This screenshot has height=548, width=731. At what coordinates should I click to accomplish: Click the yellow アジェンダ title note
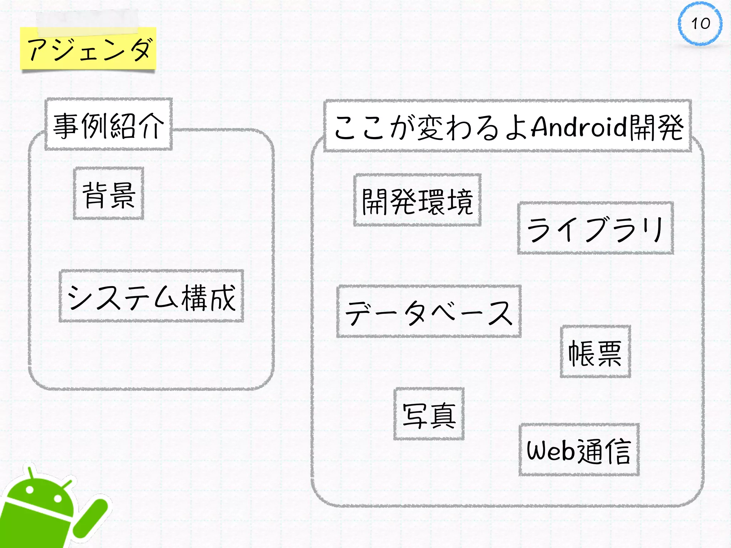point(88,49)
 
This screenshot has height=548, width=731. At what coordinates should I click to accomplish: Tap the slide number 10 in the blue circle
point(700,24)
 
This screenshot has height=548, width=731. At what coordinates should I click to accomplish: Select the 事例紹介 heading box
point(109,125)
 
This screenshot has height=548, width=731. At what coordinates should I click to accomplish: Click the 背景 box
point(109,194)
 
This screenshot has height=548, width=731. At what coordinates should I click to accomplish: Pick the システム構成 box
point(151,296)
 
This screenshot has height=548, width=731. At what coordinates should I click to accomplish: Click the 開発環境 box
point(417,201)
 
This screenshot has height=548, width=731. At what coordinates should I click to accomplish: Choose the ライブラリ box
point(595,228)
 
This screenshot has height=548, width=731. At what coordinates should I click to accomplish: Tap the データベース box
point(429,312)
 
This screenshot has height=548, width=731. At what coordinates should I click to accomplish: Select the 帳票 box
point(595,352)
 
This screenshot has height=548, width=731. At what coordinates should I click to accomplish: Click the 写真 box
point(429,414)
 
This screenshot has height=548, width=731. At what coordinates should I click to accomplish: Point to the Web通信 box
point(579,450)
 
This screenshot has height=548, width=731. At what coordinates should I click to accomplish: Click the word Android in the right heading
point(579,126)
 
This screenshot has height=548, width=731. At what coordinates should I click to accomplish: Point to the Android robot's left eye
point(30,490)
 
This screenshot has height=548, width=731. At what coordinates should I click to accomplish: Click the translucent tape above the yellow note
point(87,21)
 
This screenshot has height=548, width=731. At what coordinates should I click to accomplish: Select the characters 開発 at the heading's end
point(656,127)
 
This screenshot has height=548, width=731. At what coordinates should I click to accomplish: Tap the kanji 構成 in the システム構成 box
point(208,298)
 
